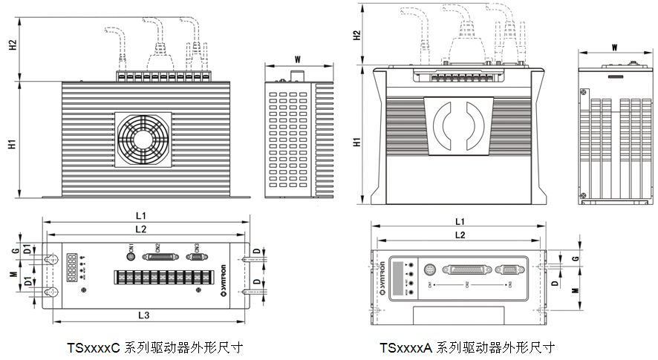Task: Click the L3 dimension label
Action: pos(145,315)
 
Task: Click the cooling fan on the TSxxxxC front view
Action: pos(143,138)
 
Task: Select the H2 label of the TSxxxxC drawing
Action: pos(13,45)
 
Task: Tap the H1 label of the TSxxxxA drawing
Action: pos(357,140)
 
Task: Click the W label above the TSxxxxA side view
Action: pos(614,47)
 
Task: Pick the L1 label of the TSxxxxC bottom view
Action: pos(140,215)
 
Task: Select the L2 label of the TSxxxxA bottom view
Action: pos(459,235)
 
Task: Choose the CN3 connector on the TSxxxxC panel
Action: pos(196,257)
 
